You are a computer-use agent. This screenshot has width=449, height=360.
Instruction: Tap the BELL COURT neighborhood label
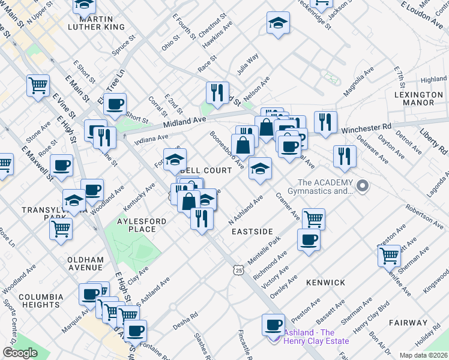coord(205,170)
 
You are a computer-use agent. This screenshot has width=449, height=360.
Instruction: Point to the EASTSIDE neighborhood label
coord(252,231)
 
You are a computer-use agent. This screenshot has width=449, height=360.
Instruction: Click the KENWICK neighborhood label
coord(325,282)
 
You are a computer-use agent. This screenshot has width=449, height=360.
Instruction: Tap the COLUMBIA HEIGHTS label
coord(41,301)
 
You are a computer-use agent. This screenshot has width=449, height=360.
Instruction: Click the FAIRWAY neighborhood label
coord(407,322)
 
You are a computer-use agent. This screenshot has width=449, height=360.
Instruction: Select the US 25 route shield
coord(240,271)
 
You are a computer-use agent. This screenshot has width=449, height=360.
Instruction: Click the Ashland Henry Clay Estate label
coord(316,337)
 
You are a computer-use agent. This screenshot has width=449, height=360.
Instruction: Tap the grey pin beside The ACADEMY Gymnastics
coord(362,186)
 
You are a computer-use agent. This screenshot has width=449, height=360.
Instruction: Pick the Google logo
coord(20,353)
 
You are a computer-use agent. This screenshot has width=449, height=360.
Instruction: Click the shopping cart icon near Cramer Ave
coord(313,218)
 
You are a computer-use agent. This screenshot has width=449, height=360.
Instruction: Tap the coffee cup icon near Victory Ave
coord(309,240)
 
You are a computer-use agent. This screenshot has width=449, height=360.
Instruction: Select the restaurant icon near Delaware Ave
coord(344,156)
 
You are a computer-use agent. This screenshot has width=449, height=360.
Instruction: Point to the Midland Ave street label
coord(181,122)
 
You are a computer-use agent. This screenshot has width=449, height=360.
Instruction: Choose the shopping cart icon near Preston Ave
coord(389,255)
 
